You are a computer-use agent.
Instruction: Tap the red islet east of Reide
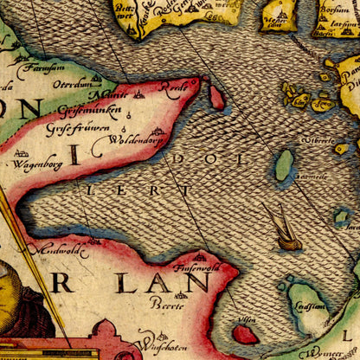(216, 98)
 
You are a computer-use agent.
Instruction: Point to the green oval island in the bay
(284, 165)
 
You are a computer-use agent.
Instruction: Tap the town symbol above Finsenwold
(200, 255)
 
